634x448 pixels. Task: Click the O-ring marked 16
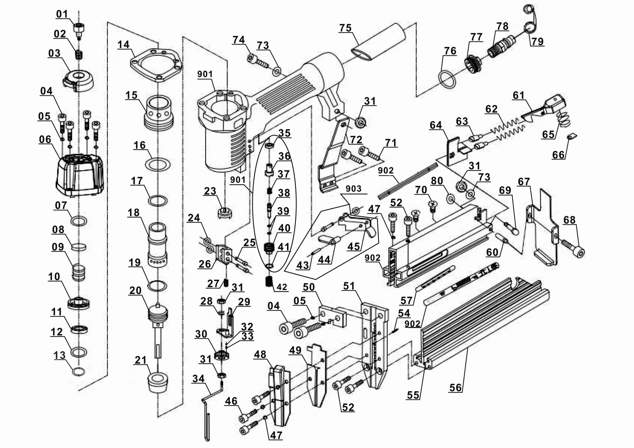[158, 164]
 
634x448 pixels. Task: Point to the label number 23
[210, 191]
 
